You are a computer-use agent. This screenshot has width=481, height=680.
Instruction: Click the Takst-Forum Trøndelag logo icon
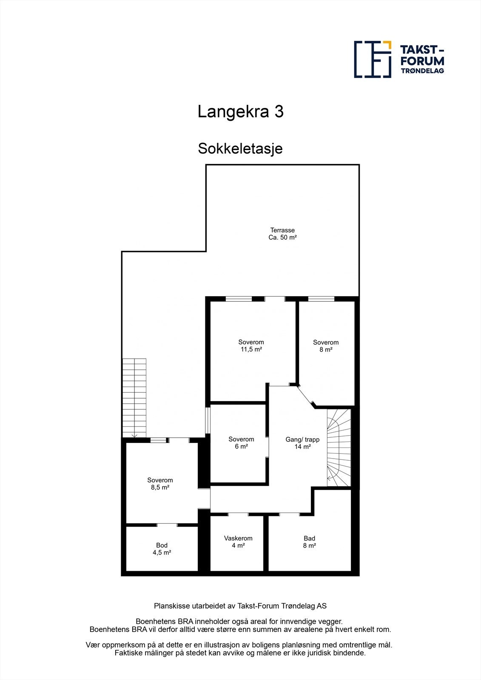[x=373, y=59]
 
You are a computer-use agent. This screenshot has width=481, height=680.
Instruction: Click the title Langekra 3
[x=240, y=112]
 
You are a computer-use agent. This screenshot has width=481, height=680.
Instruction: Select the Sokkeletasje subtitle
[x=240, y=149]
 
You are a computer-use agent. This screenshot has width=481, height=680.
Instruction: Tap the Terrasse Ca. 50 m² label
[x=282, y=234]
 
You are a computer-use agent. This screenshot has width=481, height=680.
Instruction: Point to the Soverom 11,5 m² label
[x=251, y=346]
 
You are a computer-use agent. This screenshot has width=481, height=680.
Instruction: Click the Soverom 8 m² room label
[x=326, y=346]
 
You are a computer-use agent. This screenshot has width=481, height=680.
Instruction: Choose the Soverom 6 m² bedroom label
[x=241, y=443]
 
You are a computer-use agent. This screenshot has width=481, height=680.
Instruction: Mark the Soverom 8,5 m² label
[x=160, y=484]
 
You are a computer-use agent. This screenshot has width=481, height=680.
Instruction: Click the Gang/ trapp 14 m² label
[x=302, y=443]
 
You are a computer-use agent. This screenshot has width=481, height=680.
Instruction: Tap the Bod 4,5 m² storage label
[x=162, y=549]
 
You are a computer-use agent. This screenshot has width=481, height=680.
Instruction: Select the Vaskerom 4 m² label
[x=238, y=542]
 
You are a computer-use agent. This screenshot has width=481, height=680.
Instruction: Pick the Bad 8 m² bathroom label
[x=309, y=542]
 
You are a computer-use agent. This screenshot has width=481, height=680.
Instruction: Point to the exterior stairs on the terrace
[x=134, y=397]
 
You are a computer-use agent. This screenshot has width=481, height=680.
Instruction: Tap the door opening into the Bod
[x=167, y=525]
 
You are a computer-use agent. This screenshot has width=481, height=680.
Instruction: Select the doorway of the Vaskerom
[x=238, y=514]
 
